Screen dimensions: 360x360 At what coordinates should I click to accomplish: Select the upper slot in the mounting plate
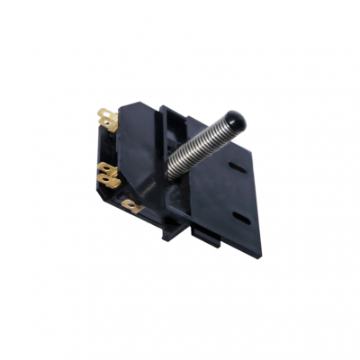(238, 166)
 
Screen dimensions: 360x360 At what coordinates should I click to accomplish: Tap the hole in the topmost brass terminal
(104, 116)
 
